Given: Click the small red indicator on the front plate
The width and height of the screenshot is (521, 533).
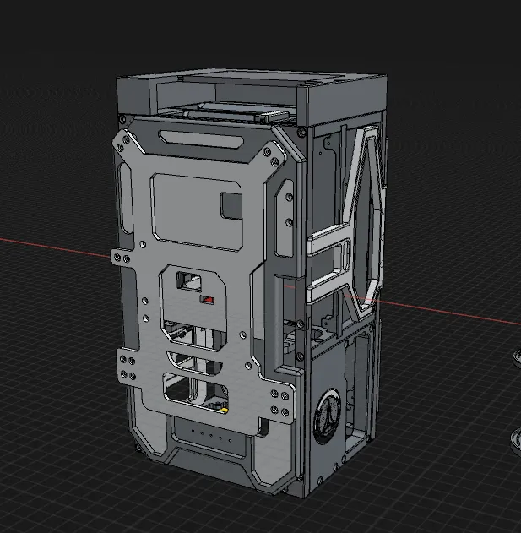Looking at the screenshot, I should point(206,300).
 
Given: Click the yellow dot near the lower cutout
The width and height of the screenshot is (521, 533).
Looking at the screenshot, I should point(225,411).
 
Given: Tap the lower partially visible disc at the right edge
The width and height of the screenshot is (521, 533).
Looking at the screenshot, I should point(516,443).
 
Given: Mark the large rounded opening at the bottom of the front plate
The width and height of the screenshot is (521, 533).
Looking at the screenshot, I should point(198,389).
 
